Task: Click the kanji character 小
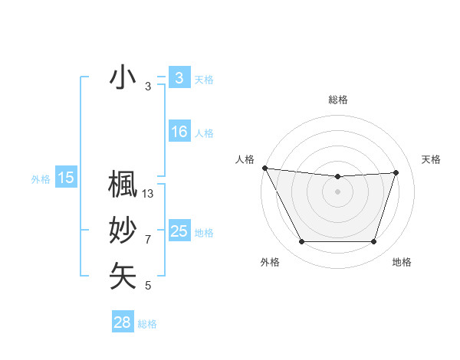pyautogui.click(x=123, y=79)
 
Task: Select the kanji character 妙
pyautogui.click(x=123, y=231)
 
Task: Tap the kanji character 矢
pyautogui.click(x=123, y=276)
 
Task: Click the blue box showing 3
pyautogui.click(x=179, y=77)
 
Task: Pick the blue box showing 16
pyautogui.click(x=179, y=132)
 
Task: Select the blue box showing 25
pyautogui.click(x=179, y=231)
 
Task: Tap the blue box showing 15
pyautogui.click(x=66, y=178)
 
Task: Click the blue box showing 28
pyautogui.click(x=122, y=322)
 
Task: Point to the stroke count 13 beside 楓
pyautogui.click(x=148, y=194)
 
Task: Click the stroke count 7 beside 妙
pyautogui.click(x=148, y=240)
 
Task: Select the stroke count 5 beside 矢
pyautogui.click(x=148, y=286)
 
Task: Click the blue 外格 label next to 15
pyautogui.click(x=41, y=179)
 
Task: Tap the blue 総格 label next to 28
pyautogui.click(x=147, y=324)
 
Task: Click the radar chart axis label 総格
pyautogui.click(x=337, y=100)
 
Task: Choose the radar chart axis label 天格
pyautogui.click(x=431, y=159)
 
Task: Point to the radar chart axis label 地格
pyautogui.click(x=402, y=262)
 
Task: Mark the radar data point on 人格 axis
pyautogui.click(x=264, y=168)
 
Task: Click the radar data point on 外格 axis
pyautogui.click(x=301, y=242)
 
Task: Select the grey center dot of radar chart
pyautogui.click(x=337, y=191)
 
